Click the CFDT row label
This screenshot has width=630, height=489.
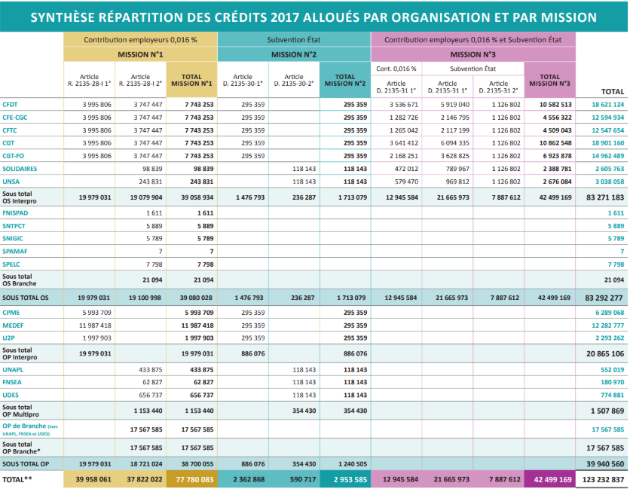coord(10,105)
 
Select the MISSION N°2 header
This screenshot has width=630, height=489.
coord(294,55)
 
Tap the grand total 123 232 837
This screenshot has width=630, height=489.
coord(601,479)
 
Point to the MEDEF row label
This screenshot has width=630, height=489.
coord(13,325)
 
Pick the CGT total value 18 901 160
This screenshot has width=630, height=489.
coord(608,143)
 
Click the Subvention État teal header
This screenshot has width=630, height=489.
coord(294,40)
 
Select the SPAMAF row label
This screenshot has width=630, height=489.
coord(15,252)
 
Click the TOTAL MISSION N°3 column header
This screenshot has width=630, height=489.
coord(549,80)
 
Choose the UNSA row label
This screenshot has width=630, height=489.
coord(11,182)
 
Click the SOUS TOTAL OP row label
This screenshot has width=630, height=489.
coord(26,464)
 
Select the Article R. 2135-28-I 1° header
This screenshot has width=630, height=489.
coord(89,80)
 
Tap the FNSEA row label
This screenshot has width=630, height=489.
coord(12,382)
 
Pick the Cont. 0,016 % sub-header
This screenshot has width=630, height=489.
coord(396,69)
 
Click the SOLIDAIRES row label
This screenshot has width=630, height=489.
coord(20,169)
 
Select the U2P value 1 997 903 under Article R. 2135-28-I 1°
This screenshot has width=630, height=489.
coord(96,338)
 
